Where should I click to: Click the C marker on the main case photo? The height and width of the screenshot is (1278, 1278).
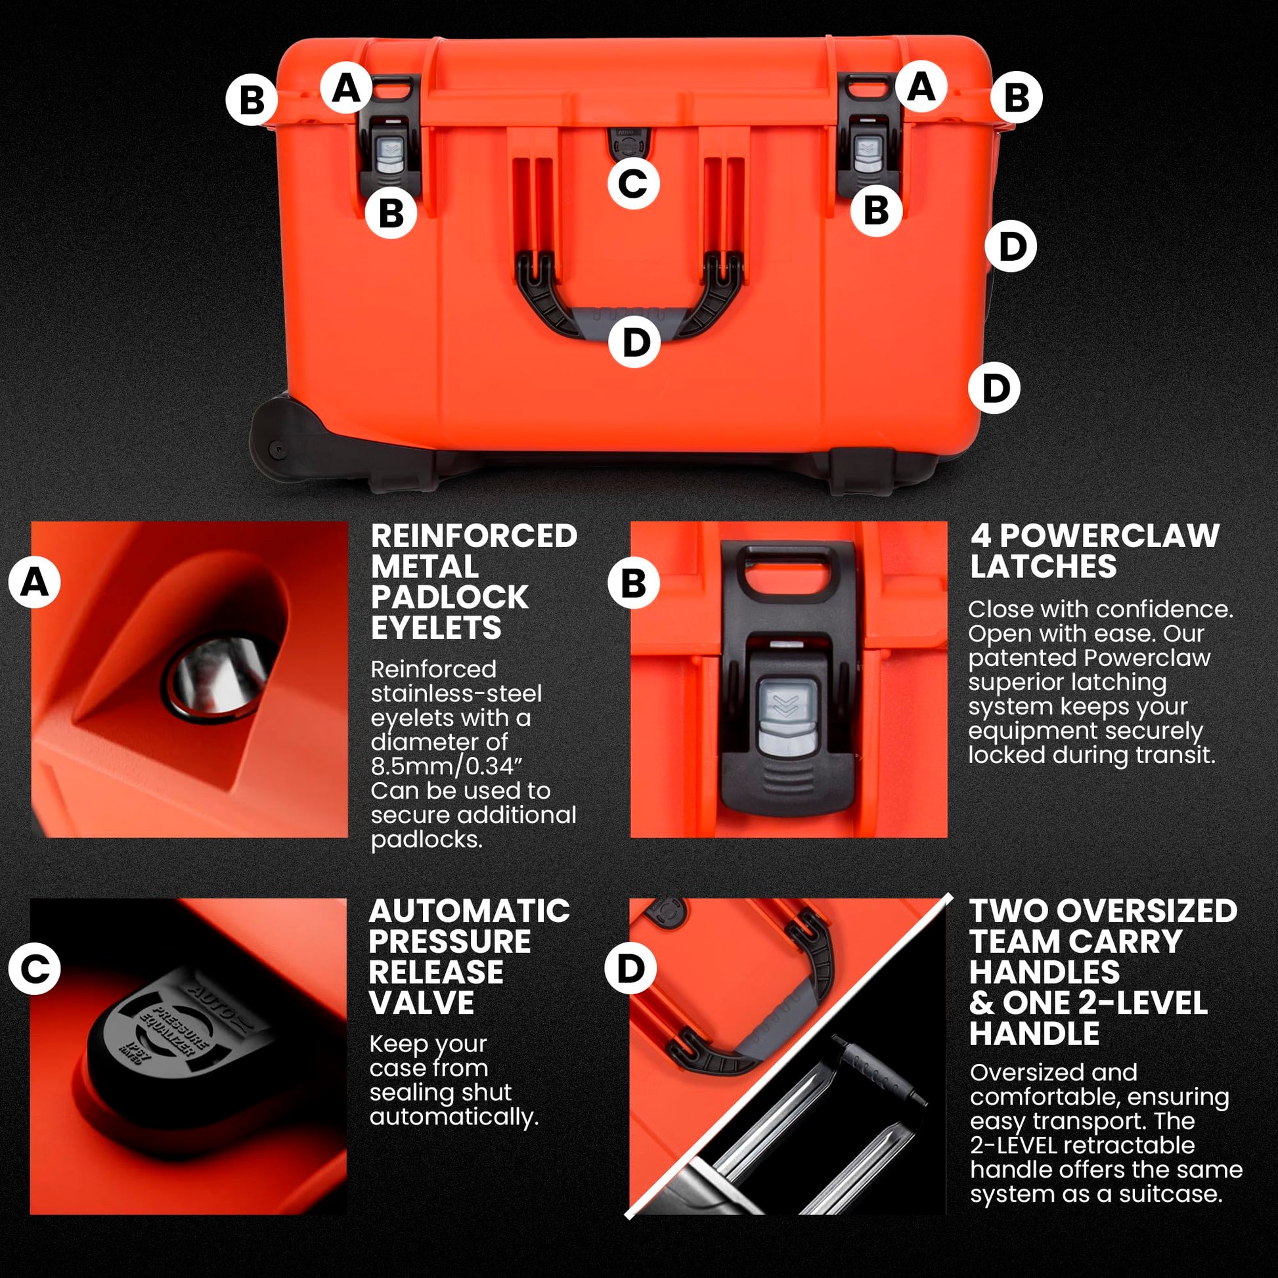(633, 183)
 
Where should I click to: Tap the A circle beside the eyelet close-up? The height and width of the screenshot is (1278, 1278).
(35, 583)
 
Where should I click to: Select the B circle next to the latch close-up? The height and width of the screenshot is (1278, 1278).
(633, 583)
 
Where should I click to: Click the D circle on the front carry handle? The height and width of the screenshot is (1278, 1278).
(635, 342)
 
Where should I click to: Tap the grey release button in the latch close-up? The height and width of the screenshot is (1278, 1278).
(788, 716)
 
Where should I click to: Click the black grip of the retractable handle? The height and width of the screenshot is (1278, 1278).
(880, 1072)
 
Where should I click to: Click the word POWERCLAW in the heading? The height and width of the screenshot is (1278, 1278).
(1109, 536)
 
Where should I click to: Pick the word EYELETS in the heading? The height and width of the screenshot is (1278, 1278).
(436, 627)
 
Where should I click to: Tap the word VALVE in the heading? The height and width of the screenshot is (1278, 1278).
(422, 1003)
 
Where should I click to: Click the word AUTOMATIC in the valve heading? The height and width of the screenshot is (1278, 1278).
(469, 911)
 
